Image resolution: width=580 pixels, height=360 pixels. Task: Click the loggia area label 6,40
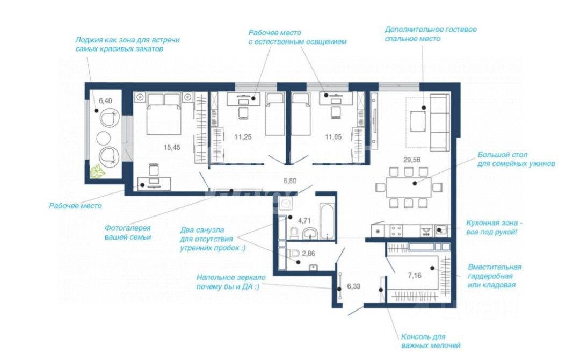click(105, 100)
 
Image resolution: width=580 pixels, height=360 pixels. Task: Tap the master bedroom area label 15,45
click(172, 147)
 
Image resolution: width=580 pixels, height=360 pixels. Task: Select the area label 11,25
click(243, 137)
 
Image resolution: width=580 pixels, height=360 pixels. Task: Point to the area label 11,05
click(334, 137)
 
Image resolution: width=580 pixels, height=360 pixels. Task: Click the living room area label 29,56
click(412, 160)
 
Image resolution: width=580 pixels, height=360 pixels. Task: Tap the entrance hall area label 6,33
click(353, 286)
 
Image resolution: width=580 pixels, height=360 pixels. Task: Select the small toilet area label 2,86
click(308, 254)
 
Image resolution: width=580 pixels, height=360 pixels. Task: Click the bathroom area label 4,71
click(305, 220)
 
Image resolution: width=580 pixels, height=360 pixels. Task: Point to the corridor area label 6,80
click(290, 181)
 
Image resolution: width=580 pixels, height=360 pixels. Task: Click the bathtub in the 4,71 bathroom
click(327, 221)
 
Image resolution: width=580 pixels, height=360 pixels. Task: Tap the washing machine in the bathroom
click(286, 203)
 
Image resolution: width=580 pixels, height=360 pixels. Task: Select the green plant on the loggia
click(98, 172)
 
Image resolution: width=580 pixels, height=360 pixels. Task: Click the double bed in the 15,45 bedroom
click(164, 113)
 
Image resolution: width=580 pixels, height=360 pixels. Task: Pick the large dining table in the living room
click(408, 187)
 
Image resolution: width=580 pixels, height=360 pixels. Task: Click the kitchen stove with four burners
click(396, 231)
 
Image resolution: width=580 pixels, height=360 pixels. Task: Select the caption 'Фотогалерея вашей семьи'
click(128, 233)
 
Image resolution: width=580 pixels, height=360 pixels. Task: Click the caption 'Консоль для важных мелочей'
click(431, 341)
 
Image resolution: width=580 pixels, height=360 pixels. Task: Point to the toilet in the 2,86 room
click(294, 254)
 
